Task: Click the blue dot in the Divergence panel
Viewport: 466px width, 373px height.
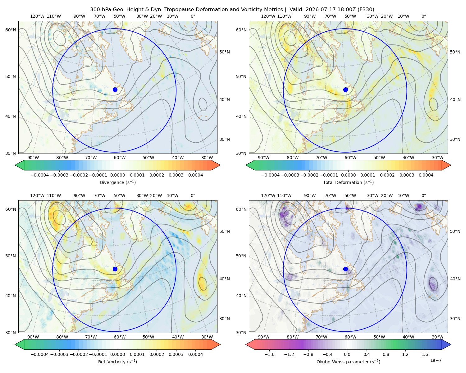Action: point(115,90)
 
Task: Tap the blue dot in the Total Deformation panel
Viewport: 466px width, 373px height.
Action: point(345,90)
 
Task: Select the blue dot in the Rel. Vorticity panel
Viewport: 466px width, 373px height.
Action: point(115,269)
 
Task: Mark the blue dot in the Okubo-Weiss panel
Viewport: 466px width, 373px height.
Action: point(345,269)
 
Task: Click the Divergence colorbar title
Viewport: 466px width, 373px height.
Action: point(117,182)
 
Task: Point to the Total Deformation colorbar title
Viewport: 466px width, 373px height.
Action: point(348,182)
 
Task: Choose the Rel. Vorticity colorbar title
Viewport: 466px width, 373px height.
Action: point(117,362)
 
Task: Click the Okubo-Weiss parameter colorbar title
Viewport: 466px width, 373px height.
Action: point(348,362)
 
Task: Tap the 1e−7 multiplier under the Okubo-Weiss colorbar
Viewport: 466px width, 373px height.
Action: point(436,361)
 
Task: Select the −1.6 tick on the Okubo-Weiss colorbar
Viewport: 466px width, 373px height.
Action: point(269,354)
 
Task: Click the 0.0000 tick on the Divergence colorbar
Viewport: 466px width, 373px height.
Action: point(117,175)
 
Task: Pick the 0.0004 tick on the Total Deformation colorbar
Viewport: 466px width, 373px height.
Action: point(426,175)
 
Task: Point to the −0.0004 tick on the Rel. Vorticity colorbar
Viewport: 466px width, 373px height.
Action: point(40,354)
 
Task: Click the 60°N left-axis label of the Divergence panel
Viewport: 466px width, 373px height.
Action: point(11,30)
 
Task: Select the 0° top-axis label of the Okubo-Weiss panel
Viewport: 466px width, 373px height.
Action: point(424,196)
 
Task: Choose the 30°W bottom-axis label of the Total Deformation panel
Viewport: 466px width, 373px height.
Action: point(438,158)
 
